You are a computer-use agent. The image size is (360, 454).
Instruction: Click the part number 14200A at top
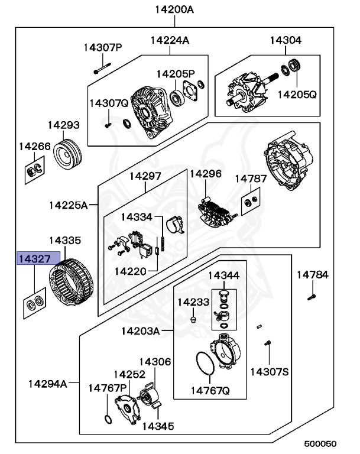174,9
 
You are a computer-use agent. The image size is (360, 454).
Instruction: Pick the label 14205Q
297,93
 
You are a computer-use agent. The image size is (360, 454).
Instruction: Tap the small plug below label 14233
193,320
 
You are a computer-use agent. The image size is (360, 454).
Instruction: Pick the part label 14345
155,425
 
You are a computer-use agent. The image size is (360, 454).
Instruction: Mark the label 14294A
48,383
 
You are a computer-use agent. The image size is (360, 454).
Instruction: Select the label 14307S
269,371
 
